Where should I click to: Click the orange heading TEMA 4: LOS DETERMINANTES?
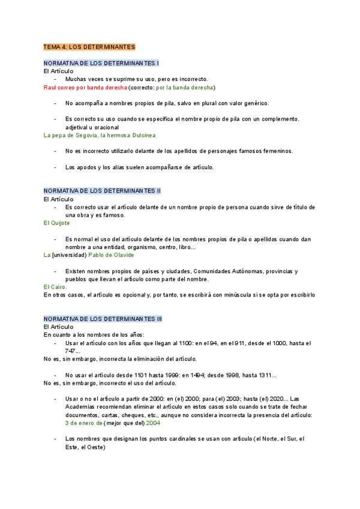tap(89, 46)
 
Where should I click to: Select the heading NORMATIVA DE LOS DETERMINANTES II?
tap(102, 190)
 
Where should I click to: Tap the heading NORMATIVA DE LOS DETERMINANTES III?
tap(103, 318)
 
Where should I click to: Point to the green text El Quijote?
tap(57, 223)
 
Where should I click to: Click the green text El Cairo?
tap(55, 287)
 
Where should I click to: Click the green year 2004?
tap(153, 423)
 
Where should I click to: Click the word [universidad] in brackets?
tap(70, 254)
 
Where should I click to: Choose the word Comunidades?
tap(212, 271)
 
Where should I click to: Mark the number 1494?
tap(184, 375)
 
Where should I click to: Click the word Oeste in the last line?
tap(94, 447)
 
